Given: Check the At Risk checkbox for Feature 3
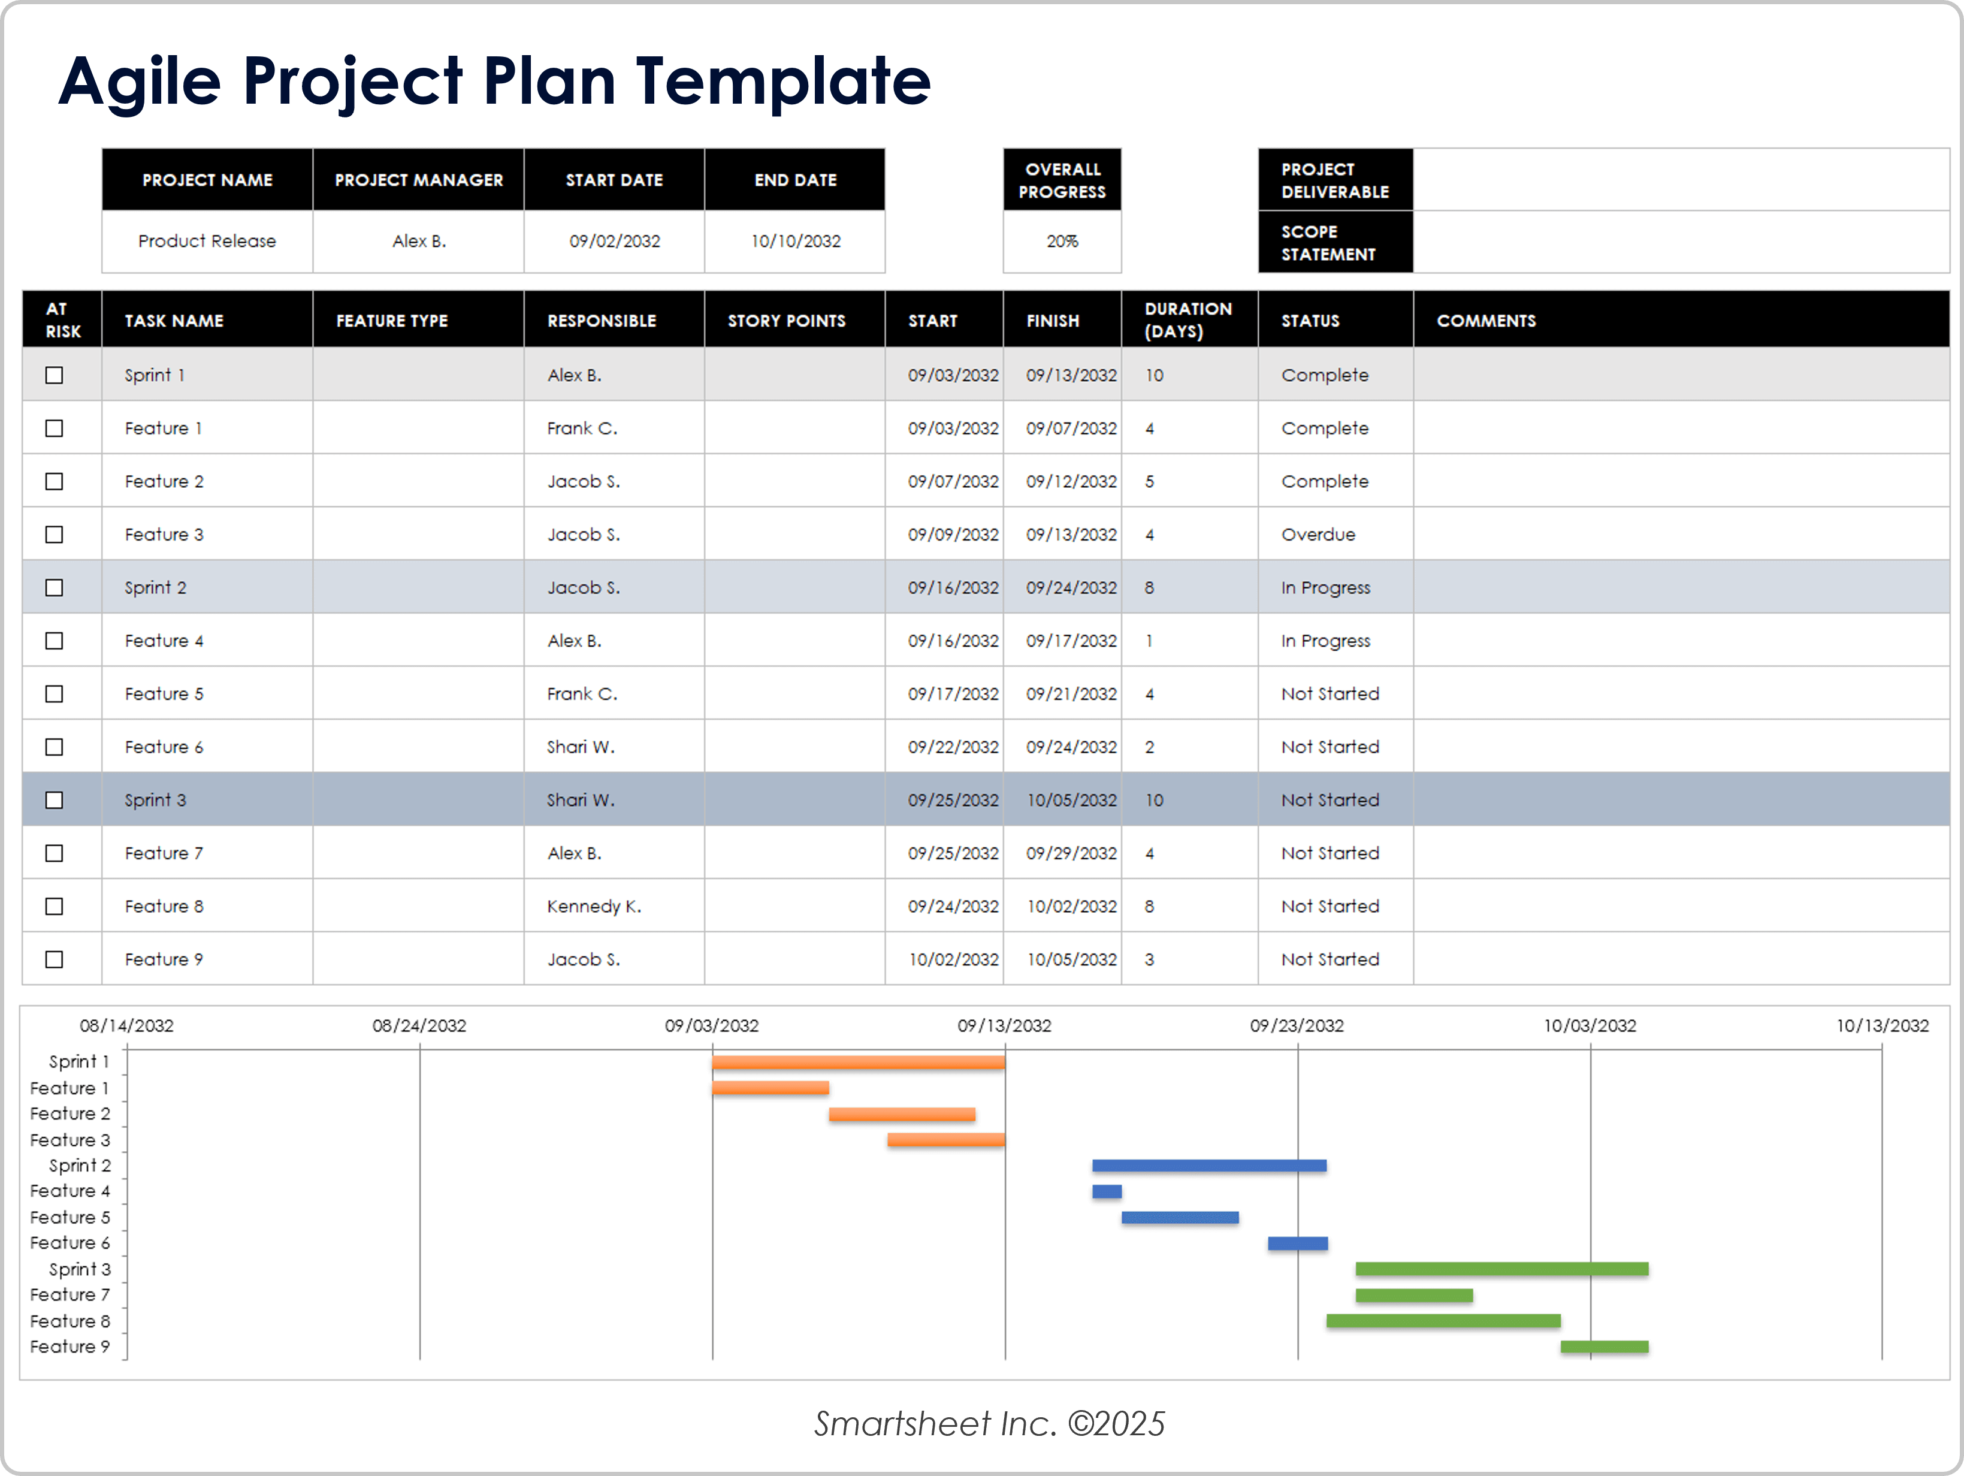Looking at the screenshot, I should coord(54,535).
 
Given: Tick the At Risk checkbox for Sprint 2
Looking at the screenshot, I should coord(54,588).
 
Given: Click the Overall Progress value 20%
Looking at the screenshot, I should coord(1062,242).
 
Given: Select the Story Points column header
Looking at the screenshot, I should coord(785,321).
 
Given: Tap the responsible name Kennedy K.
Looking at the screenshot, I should coord(593,906).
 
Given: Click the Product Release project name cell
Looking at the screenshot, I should coord(207,242).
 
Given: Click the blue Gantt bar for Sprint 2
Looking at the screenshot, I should coord(1208,1165).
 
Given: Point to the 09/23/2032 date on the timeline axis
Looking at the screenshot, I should coord(1297,1026).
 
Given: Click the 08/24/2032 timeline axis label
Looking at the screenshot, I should coord(419,1026).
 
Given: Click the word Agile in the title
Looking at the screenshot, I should coord(140,82).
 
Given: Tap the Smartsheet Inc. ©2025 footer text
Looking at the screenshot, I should coord(989,1424).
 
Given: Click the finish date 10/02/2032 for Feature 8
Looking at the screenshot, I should coord(1072,906).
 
